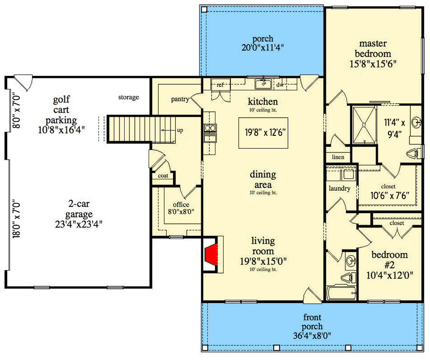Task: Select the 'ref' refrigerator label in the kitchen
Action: point(220,85)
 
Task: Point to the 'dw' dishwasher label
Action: point(279,85)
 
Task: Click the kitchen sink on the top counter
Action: point(263,85)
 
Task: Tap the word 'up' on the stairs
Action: point(180,130)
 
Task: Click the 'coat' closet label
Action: point(163,175)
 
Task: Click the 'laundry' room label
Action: point(340,188)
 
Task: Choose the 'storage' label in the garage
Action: point(129,98)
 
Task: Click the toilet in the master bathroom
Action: point(415,153)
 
